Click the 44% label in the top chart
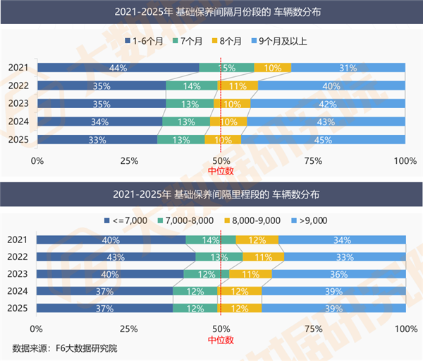118,68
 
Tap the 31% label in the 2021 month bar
348,68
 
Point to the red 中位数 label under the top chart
221,170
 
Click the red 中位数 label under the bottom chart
221,340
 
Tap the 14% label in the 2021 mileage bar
210,239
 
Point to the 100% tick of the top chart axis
405,160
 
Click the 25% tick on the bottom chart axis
129,329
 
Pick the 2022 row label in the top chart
18,85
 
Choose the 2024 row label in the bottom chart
18,291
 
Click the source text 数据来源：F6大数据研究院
65,349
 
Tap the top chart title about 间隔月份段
211,12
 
